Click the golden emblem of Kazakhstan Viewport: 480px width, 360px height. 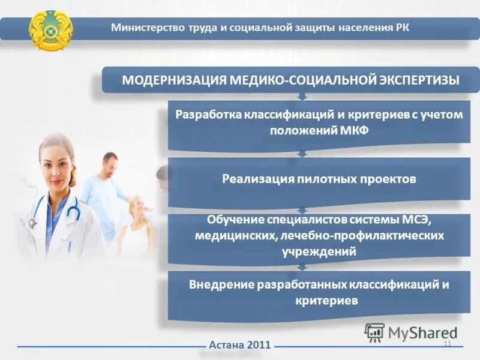click(50, 29)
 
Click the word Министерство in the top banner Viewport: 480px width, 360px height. click(142, 28)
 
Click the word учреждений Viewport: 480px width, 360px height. click(319, 252)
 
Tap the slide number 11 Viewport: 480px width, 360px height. click(446, 343)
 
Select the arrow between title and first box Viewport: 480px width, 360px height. click(302, 96)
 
